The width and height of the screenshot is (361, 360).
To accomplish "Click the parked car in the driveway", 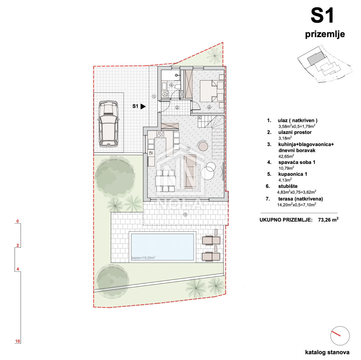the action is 108,124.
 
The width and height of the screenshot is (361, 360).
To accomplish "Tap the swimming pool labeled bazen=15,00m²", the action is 162,247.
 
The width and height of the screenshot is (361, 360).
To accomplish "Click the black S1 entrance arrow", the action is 143,106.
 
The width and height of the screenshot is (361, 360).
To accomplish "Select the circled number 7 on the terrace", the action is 185,215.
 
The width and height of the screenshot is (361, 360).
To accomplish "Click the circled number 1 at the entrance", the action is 154,97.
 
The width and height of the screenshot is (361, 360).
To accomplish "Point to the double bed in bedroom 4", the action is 212,91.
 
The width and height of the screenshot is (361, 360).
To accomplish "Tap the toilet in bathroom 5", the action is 177,87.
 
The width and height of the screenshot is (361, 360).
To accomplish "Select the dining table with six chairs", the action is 165,181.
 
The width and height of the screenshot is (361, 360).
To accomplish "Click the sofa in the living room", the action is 190,171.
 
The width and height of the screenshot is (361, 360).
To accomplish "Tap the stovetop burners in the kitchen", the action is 160,134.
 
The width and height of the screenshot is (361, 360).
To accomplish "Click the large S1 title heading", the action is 322,15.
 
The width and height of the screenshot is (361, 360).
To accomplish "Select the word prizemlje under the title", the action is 325,34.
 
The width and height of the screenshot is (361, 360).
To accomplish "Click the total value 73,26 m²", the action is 328,220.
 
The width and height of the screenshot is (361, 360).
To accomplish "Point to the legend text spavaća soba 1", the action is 297,162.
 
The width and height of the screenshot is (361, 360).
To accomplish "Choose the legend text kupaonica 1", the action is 293,174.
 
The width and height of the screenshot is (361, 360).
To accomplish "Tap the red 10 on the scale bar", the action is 18,341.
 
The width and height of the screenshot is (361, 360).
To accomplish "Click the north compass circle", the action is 340,336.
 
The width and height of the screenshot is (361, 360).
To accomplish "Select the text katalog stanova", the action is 327,352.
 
